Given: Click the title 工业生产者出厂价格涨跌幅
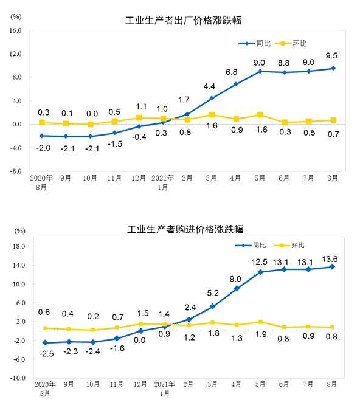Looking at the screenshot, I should (182, 21).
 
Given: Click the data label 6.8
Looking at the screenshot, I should (236, 72).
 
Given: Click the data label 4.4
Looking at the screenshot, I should (211, 86).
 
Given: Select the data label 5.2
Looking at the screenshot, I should (211, 294).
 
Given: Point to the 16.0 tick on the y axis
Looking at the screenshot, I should (15, 30).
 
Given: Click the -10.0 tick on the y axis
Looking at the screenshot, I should (15, 378).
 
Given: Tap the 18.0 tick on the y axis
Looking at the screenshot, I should (16, 247).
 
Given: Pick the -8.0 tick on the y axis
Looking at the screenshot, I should (15, 171).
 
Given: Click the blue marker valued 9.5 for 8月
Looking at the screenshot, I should (333, 68).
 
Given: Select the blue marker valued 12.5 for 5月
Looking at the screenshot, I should (260, 272).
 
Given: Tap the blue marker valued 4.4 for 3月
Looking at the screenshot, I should (212, 98).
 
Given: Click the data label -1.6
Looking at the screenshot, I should (116, 348).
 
